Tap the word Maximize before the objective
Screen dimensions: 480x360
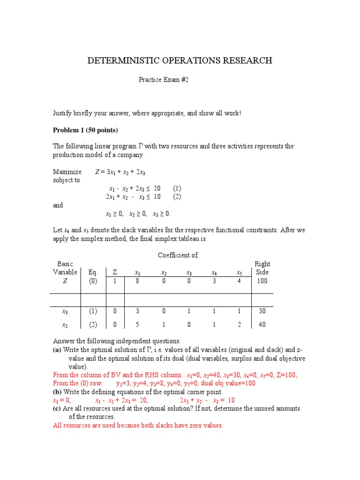(x=67, y=172)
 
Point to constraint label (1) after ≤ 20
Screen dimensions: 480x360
(x=177, y=188)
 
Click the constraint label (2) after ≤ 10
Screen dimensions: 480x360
(x=177, y=196)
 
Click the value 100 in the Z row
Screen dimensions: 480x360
(x=262, y=281)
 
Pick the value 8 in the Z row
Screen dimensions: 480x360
(x=138, y=281)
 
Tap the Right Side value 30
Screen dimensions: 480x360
(x=262, y=311)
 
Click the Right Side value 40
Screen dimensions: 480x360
(x=262, y=324)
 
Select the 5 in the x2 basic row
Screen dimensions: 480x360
(x=138, y=324)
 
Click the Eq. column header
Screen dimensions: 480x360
(x=93, y=272)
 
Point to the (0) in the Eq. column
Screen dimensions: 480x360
(x=93, y=281)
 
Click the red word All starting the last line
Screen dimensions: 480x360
(x=58, y=426)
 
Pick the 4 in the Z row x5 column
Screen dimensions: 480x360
(x=240, y=281)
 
